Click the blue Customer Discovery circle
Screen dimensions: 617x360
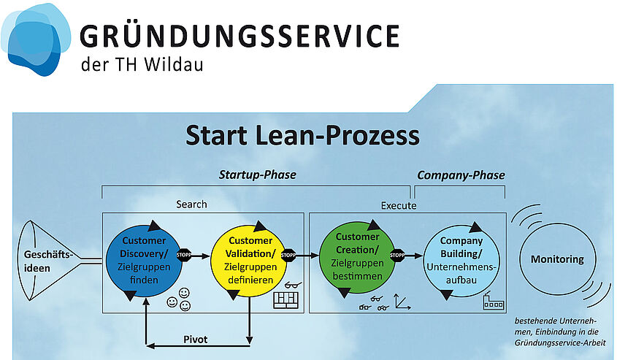[144, 261]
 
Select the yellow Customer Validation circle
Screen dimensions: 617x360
[250, 261]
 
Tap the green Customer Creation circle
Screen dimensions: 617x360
[357, 257]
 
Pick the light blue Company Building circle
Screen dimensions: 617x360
[461, 261]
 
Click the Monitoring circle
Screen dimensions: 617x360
[558, 259]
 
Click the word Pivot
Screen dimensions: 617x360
[195, 339]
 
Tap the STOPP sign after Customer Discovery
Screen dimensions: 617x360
[184, 255]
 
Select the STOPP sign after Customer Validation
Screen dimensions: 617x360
[288, 256]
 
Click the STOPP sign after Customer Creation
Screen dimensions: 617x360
[397, 256]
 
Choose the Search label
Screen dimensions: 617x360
[191, 204]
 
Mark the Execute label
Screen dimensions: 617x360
[399, 205]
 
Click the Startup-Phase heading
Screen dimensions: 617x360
[257, 175]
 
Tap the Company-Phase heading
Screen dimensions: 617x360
[461, 175]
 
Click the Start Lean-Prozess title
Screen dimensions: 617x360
[302, 135]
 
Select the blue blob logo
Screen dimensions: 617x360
[36, 39]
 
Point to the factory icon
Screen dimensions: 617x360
[494, 301]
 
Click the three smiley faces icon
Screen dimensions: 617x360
[179, 299]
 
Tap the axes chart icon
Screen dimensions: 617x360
[402, 302]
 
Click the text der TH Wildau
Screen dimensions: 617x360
[142, 64]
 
